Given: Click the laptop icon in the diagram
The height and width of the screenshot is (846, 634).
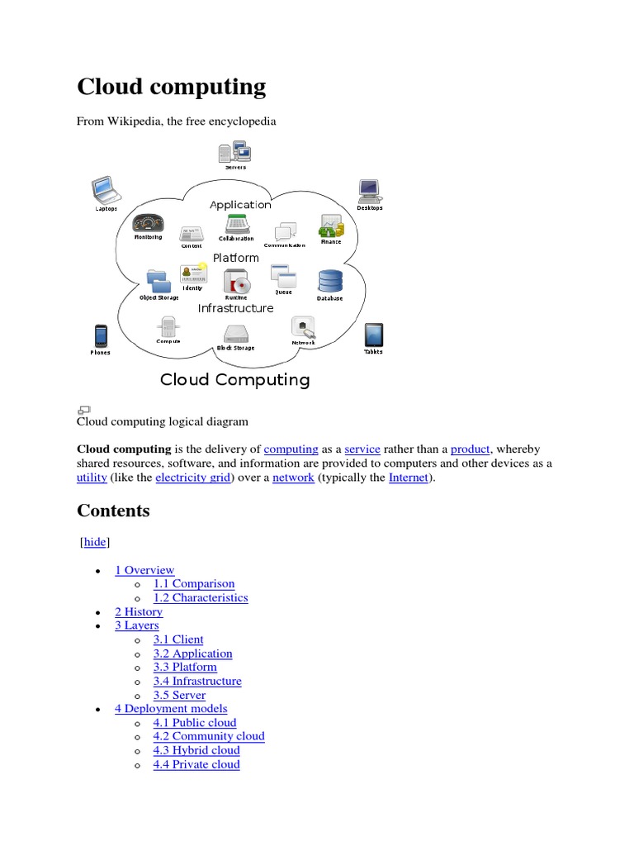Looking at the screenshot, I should click(105, 190).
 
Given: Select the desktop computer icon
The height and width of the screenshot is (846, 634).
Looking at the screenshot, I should click(369, 192).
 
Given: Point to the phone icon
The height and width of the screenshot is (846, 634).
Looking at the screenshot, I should click(101, 336).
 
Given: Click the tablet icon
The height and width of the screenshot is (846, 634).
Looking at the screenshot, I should click(373, 335).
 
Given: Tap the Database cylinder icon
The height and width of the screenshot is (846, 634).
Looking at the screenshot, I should click(330, 282).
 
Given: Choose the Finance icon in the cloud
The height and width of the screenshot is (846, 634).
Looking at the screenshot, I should click(331, 227).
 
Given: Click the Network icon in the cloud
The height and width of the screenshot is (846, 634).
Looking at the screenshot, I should click(304, 328).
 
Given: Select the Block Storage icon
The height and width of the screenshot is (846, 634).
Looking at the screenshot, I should click(235, 334).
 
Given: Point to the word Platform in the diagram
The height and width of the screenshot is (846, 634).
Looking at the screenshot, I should click(236, 258).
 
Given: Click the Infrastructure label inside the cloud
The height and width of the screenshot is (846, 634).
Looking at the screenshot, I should click(235, 308).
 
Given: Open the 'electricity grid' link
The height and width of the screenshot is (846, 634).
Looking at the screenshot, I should click(194, 478).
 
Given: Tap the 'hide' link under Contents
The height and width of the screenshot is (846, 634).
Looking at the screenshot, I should click(95, 542).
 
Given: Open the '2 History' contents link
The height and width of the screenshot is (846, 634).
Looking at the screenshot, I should click(139, 611).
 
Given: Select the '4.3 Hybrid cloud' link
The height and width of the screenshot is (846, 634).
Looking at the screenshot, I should click(196, 750).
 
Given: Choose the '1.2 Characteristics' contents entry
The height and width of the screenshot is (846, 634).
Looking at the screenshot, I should click(201, 597).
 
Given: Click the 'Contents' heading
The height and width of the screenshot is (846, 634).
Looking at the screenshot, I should click(114, 511).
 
